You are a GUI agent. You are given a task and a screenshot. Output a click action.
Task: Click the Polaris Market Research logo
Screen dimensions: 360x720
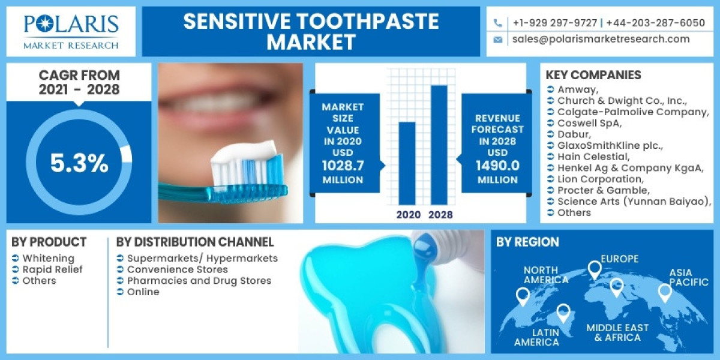coord(71,31)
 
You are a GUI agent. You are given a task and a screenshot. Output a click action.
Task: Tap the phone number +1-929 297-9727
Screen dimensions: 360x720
coord(554,23)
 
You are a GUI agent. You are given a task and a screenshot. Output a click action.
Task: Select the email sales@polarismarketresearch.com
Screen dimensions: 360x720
coord(601,39)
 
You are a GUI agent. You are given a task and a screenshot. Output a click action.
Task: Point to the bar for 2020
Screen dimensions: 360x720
coord(407,163)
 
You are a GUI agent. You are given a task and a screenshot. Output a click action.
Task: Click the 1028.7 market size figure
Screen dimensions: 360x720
coord(343,166)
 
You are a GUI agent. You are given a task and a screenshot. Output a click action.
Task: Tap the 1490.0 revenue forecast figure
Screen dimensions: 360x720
coord(497,166)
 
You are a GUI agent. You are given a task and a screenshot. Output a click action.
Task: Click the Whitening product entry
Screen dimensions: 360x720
coord(49,258)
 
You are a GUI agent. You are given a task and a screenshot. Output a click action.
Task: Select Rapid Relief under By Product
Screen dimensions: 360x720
coord(53,269)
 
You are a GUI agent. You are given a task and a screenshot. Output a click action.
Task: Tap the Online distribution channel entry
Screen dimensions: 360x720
coord(143,292)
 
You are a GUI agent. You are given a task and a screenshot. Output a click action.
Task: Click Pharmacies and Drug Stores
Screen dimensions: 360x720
coord(199,281)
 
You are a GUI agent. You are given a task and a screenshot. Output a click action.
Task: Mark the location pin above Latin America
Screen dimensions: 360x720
coord(563,312)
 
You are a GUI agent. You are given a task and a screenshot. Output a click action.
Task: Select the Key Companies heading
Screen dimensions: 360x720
coord(593,75)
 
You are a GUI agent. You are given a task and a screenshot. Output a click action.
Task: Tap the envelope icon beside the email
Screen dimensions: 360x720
coord(497,40)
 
